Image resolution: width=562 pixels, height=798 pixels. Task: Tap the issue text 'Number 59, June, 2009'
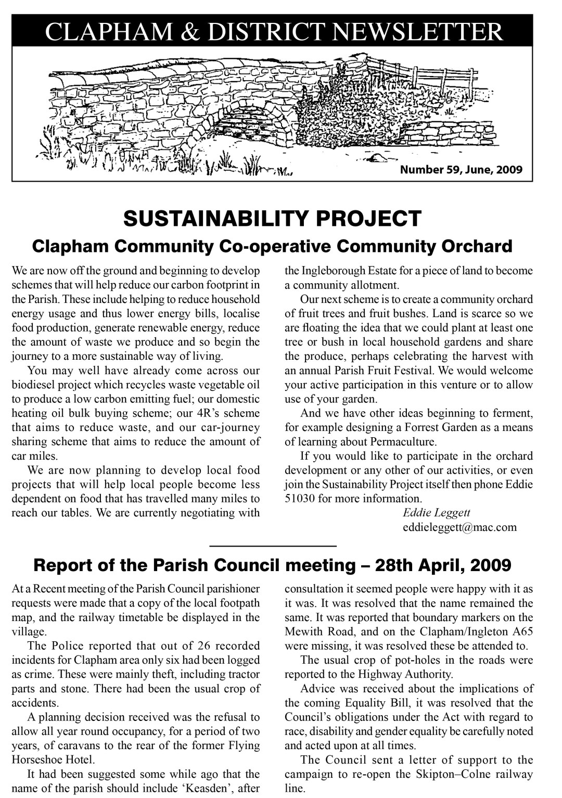coord(461,170)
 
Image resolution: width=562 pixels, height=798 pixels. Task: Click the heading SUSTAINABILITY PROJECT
coord(272,219)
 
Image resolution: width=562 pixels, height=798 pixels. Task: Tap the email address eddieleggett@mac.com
coord(459,527)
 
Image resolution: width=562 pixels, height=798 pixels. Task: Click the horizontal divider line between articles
coord(273,545)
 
